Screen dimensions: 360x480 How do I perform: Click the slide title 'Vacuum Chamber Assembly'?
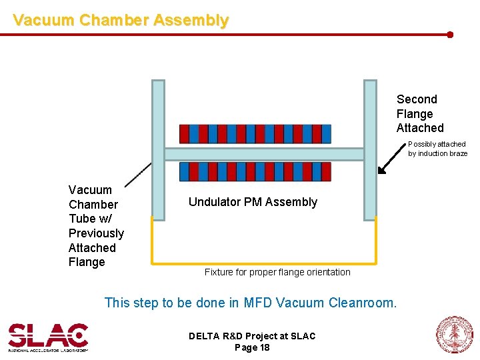(121, 21)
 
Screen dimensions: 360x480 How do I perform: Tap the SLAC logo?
(48, 337)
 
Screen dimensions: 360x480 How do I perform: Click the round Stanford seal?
(454, 335)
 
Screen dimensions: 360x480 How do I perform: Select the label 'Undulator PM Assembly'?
(253, 202)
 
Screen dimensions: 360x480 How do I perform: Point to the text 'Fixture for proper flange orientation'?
(277, 272)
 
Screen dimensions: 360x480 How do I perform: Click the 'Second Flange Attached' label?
(419, 113)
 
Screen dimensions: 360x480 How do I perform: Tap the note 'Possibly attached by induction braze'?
(437, 149)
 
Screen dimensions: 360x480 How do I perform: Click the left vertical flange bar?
(158, 150)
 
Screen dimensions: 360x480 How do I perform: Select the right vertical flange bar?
(370, 150)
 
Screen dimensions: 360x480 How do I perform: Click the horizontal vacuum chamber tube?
(264, 154)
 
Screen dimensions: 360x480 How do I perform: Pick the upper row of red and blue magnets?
(255, 134)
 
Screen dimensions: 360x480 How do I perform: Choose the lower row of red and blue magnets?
(255, 172)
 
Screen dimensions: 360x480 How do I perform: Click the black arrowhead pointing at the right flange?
(381, 170)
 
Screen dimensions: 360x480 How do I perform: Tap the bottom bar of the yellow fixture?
(264, 261)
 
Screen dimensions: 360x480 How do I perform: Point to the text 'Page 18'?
(252, 347)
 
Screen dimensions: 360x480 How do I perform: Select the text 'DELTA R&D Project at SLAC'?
(252, 336)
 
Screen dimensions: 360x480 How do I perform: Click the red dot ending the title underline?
(450, 34)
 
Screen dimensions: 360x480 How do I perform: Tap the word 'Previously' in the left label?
(96, 233)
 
